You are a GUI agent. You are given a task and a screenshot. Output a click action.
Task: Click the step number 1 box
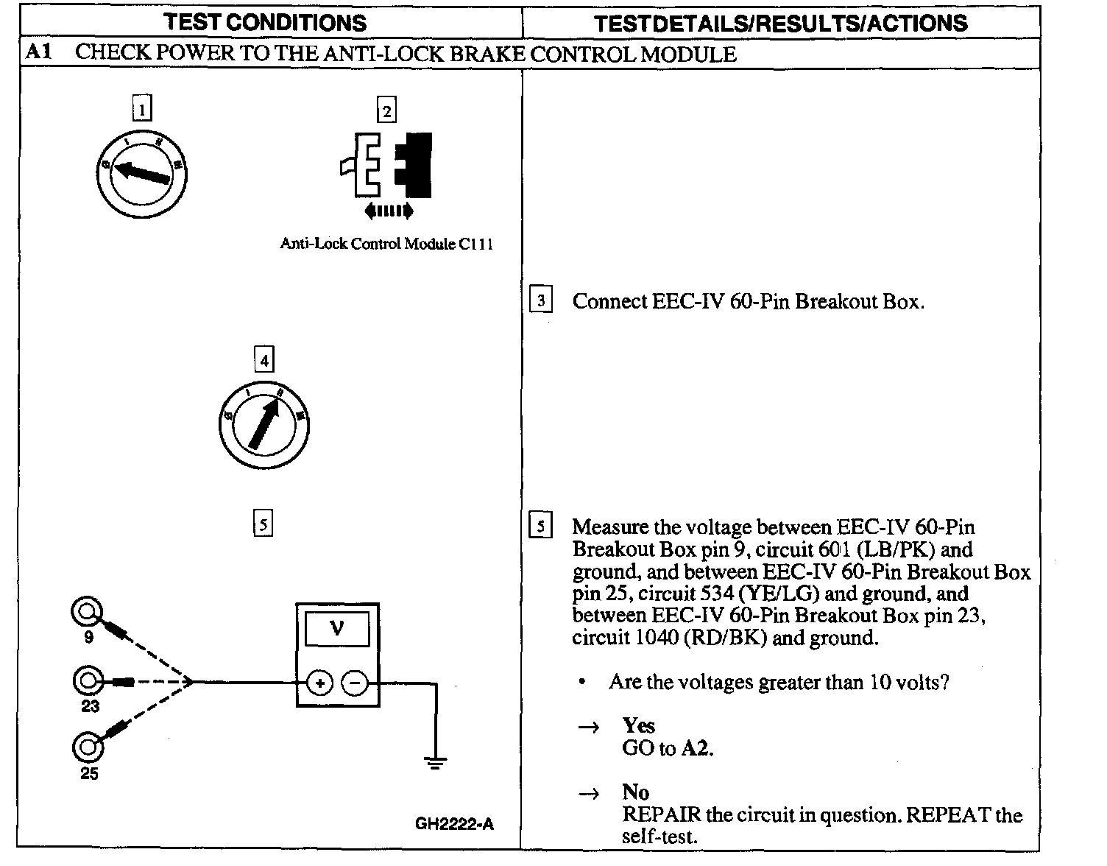coord(141,110)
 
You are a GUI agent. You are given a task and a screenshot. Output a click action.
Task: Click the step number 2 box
coord(386,111)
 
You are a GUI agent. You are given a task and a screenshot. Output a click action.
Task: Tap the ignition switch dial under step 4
coord(264,426)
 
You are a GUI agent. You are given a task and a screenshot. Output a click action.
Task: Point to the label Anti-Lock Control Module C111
coord(386,244)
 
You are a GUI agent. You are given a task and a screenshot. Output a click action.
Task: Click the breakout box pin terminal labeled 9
coord(86,611)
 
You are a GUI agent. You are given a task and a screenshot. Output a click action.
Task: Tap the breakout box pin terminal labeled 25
coord(87,747)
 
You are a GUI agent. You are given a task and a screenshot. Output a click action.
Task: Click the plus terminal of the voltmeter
coord(319,683)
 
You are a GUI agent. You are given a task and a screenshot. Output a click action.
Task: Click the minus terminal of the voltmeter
coord(356,683)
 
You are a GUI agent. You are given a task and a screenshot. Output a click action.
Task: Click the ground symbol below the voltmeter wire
coord(436,763)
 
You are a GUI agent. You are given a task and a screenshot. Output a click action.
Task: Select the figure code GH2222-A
coord(454,824)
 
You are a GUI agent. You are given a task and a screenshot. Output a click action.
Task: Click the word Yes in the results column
coord(638,726)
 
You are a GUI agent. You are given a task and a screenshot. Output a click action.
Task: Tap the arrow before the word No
coord(588,794)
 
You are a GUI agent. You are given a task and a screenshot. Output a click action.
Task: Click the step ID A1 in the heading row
coord(38,53)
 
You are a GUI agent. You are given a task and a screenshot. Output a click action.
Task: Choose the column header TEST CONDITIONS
coord(265,23)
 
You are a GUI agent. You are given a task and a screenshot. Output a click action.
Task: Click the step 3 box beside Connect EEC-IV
coord(541,300)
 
